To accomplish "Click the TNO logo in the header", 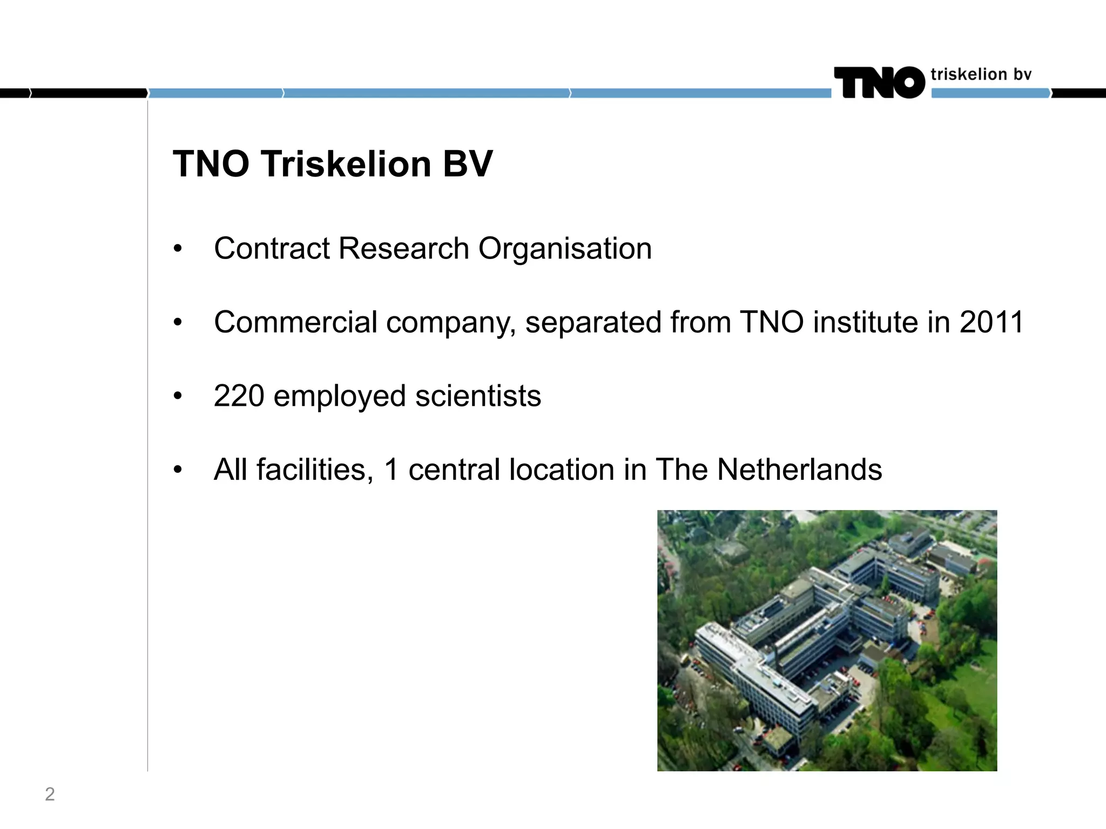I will point(879,83).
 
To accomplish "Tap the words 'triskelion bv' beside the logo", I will point(981,74).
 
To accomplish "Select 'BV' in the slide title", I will point(468,164).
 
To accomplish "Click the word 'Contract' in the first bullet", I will point(272,249).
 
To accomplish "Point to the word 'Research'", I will point(403,249).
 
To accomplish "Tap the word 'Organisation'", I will point(565,249).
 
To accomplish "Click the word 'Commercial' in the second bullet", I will point(295,322).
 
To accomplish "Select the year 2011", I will point(992,322).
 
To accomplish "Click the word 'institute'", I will point(866,322).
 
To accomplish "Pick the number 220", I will point(239,396).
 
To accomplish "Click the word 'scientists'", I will point(478,396).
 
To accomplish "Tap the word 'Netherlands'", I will point(799,470).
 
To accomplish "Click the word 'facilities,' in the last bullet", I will point(315,470).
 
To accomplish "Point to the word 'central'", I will point(454,470).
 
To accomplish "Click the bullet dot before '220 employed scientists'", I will point(178,397).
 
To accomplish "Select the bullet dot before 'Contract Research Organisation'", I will point(178,249).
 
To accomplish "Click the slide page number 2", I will point(50,794).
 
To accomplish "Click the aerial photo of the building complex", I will point(827,640).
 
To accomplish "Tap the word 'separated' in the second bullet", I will point(593,322).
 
